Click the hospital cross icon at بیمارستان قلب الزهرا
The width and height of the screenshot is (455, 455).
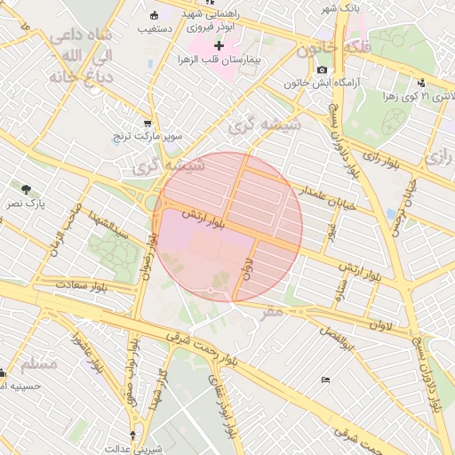pyautogui.click(x=219, y=44)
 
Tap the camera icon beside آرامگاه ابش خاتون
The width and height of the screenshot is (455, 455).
pyautogui.click(x=322, y=70)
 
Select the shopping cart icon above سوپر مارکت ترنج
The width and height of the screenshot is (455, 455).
pyautogui.click(x=147, y=124)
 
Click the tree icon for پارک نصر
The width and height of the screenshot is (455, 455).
pyautogui.click(x=27, y=188)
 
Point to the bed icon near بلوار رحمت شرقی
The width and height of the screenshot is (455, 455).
pyautogui.click(x=325, y=379)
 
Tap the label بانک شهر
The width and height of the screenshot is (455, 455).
pyautogui.click(x=318, y=8)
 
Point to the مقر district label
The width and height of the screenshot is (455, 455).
pyautogui.click(x=272, y=312)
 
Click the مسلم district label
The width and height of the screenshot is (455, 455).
pyautogui.click(x=38, y=364)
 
